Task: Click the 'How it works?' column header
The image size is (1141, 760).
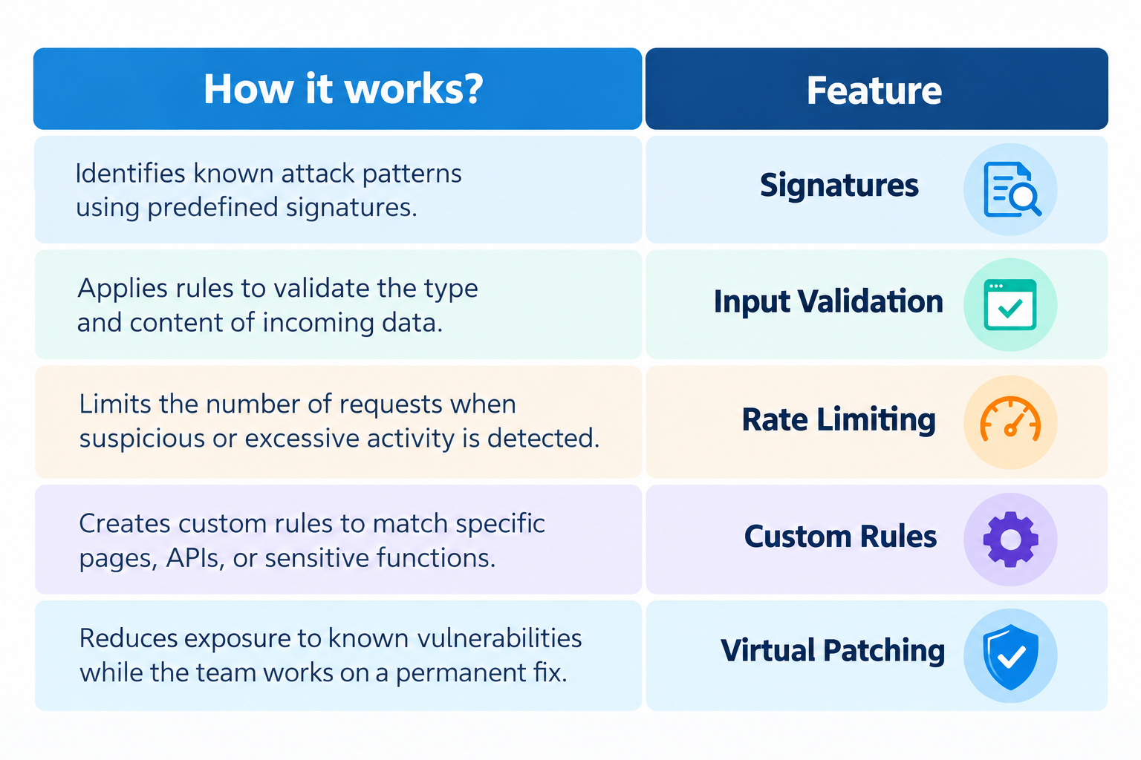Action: tap(343, 89)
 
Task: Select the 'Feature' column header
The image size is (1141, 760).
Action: tap(874, 91)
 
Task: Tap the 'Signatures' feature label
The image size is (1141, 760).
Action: tap(839, 186)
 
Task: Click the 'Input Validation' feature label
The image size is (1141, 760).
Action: tap(828, 302)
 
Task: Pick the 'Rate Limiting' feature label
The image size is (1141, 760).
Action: tap(839, 421)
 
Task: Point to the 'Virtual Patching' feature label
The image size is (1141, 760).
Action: tap(832, 651)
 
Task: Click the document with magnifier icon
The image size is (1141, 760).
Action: tap(1012, 189)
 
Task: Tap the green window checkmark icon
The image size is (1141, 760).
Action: tap(1010, 305)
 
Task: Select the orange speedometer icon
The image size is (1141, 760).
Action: tap(1010, 419)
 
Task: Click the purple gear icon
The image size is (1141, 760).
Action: tap(1010, 540)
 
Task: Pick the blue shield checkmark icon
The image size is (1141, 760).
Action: tap(1010, 657)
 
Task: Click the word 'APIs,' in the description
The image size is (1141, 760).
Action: tap(195, 558)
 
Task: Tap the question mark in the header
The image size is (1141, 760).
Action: tap(472, 89)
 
